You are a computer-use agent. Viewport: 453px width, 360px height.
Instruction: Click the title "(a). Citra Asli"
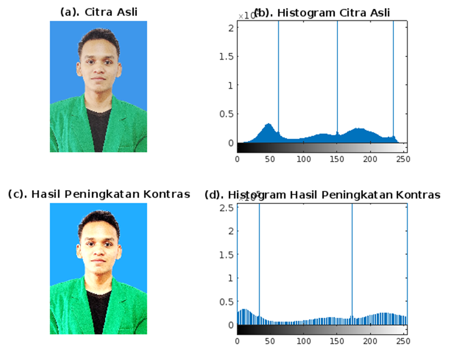click(x=99, y=13)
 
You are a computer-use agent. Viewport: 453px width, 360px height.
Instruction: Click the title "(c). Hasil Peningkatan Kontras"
click(x=99, y=194)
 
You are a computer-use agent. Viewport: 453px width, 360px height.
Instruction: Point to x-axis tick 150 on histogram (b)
click(x=337, y=159)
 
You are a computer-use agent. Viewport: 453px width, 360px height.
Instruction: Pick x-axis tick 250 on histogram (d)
click(x=404, y=341)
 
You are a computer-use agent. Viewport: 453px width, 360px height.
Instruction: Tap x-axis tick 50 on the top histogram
click(x=270, y=159)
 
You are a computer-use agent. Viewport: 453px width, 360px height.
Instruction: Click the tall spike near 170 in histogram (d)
click(x=352, y=252)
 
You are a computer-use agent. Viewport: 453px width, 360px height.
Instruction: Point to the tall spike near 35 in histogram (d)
click(x=259, y=252)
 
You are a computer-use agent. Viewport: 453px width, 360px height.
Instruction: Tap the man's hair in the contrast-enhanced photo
click(x=99, y=219)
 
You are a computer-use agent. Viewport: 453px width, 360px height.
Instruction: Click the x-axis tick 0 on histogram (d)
click(x=237, y=341)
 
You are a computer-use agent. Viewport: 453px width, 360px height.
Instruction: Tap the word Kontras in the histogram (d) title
click(x=418, y=195)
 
